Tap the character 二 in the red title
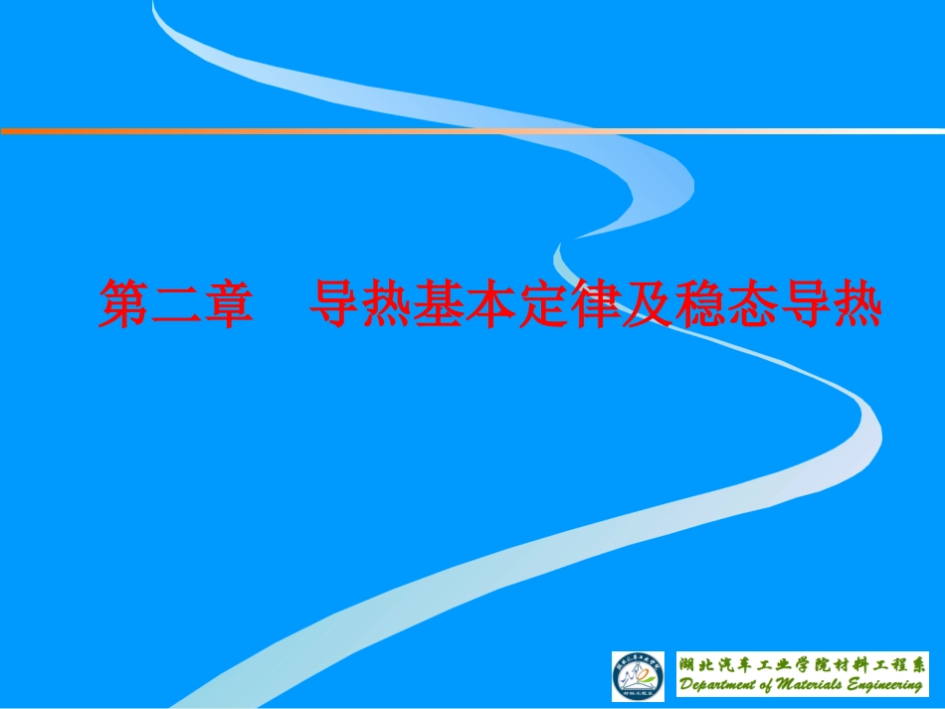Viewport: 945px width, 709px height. pos(173,303)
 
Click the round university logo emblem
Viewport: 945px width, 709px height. pos(638,676)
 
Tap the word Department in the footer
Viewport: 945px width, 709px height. pos(721,685)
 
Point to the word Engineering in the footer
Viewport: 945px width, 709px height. pos(887,685)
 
